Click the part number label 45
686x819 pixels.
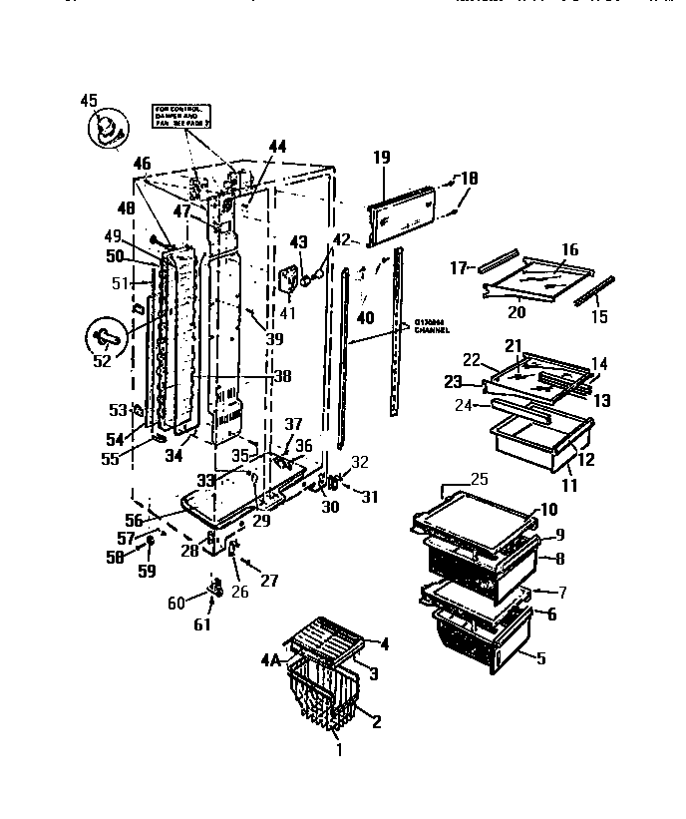(89, 100)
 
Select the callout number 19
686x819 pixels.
(382, 157)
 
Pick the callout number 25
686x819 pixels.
(480, 480)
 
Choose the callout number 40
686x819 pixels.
(365, 319)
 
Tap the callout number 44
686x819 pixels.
(277, 146)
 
